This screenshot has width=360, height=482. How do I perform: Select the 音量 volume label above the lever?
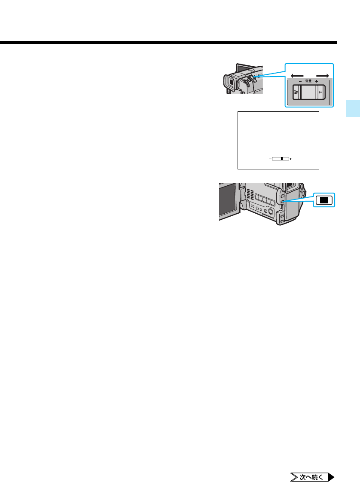click(x=308, y=80)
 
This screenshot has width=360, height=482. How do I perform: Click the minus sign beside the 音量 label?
click(x=299, y=80)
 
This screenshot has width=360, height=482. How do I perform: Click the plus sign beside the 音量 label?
click(x=316, y=80)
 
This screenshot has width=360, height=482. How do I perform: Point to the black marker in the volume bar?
click(x=281, y=159)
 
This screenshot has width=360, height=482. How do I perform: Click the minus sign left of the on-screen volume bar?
click(x=270, y=159)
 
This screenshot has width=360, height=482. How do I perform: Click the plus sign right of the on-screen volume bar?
click(x=291, y=159)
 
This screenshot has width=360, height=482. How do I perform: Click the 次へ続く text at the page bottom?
click(x=311, y=477)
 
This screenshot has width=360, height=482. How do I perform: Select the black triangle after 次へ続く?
click(x=331, y=477)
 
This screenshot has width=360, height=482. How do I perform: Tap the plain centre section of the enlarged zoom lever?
click(x=307, y=92)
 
